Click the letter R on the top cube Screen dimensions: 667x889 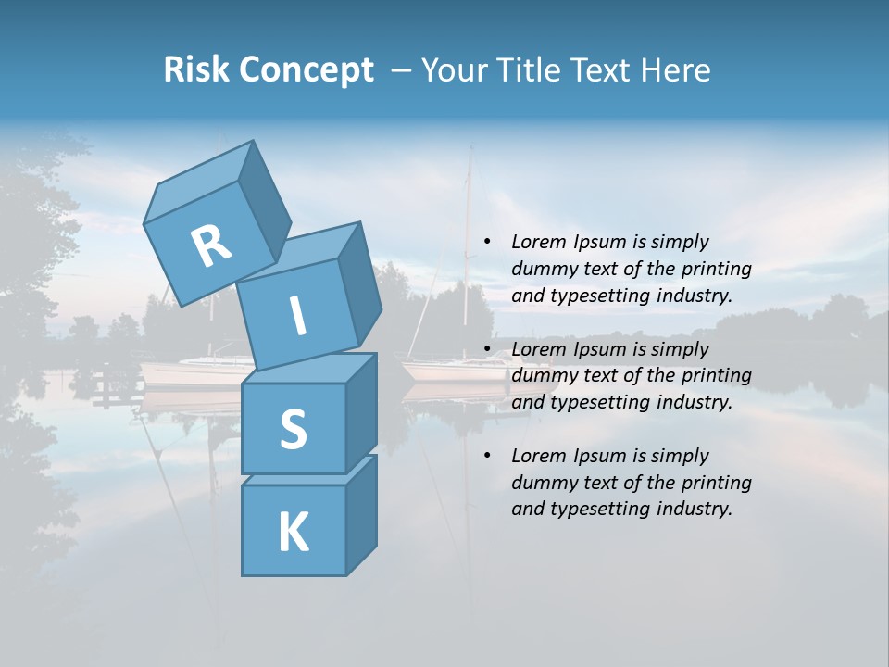point(211,246)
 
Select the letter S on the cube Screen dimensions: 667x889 point(293,430)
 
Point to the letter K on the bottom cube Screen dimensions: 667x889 point(293,533)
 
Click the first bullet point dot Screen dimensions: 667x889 point(487,243)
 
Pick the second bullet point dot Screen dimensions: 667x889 point(487,350)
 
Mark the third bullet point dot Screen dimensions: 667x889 point(487,457)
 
